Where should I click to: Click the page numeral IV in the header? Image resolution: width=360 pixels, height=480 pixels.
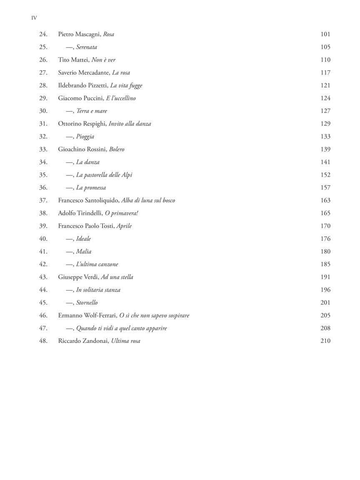pos(34,18)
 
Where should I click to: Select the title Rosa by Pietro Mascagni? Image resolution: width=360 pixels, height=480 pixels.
pos(108,34)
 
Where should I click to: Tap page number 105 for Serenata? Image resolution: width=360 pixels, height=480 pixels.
pos(325,47)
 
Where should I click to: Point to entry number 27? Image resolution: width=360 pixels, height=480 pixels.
pos(43,72)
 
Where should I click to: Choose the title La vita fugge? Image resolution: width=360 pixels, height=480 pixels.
pos(126,85)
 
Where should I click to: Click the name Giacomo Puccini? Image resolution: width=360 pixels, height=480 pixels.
pos(78,98)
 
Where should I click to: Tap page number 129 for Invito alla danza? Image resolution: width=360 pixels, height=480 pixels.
pos(325,124)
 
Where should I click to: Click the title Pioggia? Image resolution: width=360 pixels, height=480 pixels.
pos(85,137)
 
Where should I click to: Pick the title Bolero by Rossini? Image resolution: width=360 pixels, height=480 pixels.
pos(117,149)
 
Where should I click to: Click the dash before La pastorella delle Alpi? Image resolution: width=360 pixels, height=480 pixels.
pos(70,175)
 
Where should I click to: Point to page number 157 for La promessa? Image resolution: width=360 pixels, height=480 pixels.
pos(325,187)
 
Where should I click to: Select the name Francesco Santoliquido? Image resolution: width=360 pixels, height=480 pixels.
pos(88,200)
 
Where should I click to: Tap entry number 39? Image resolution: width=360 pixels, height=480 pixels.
pos(43,226)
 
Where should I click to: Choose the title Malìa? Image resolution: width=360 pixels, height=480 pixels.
pos(84,252)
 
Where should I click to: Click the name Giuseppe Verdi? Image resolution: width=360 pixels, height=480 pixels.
pos(78,277)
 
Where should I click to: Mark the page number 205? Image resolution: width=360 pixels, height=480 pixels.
pos(325,315)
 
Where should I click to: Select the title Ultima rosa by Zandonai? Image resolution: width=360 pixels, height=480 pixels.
pos(125,341)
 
